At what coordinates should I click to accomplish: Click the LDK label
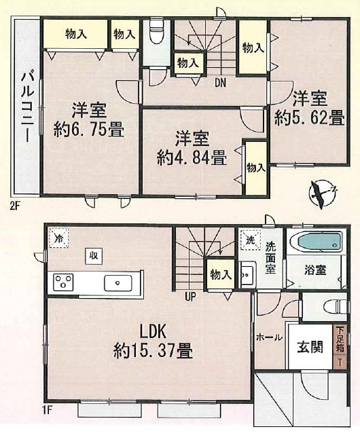pyautogui.click(x=154, y=333)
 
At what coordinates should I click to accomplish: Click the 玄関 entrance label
pyautogui.click(x=310, y=346)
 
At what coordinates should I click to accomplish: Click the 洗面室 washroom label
pyautogui.click(x=270, y=259)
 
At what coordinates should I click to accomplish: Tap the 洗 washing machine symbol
pyautogui.click(x=249, y=240)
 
